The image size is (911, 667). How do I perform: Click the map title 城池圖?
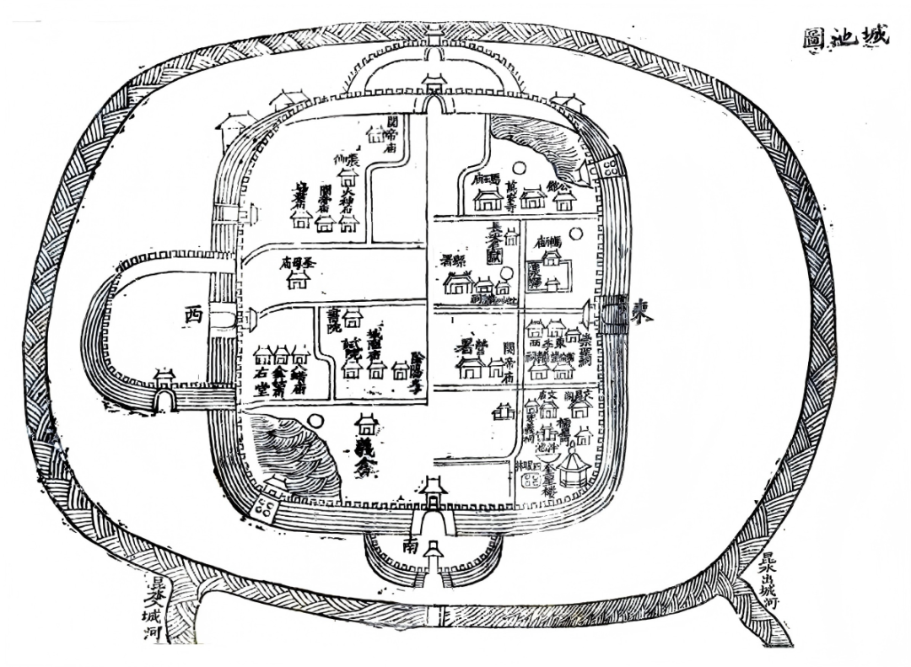[844, 39]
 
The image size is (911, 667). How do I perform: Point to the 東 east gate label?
[644, 314]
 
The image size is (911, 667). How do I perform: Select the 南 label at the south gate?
[411, 546]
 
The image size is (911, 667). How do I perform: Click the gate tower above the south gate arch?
[434, 488]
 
